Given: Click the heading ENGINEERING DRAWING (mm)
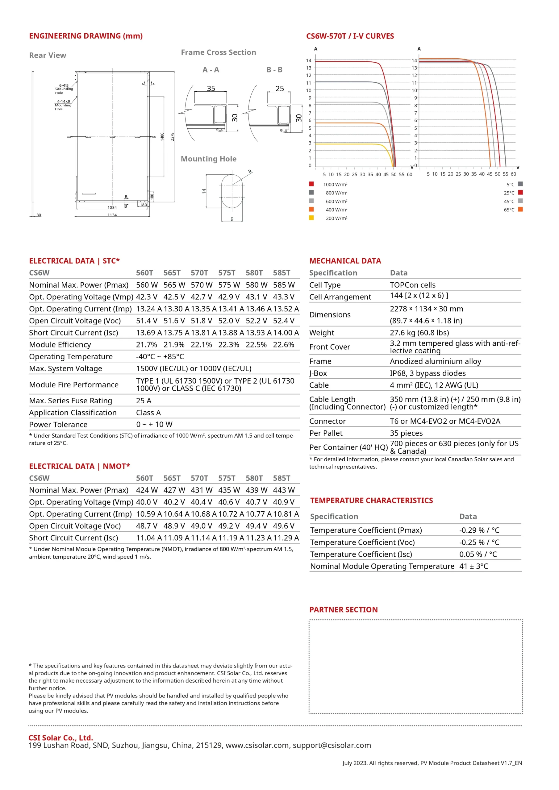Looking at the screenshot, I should click(86, 36).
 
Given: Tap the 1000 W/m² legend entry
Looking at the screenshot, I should click(335, 185).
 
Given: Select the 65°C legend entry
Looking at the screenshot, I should click(509, 210).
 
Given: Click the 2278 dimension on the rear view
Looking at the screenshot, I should click(173, 137).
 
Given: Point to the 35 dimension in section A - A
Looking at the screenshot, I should click(211, 89).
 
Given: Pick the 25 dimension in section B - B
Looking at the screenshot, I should click(280, 89).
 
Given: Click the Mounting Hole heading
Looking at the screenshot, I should click(209, 159).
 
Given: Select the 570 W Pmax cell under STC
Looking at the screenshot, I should click(201, 285).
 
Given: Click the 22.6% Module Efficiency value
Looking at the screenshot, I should click(283, 344).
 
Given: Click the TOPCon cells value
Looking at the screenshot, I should click(412, 285).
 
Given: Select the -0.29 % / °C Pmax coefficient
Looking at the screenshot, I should click(479, 530).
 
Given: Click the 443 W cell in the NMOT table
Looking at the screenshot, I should click(284, 490).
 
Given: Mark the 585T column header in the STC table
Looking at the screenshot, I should click(282, 273).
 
